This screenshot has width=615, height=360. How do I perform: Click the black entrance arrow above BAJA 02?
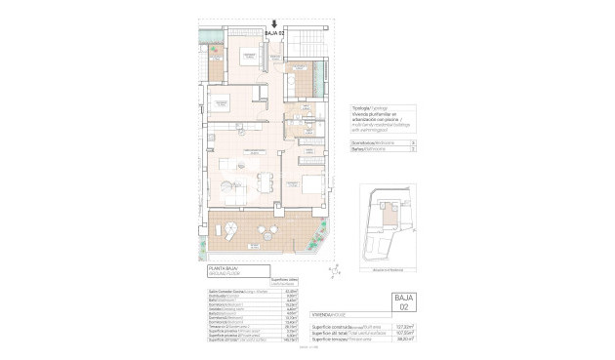(274, 23)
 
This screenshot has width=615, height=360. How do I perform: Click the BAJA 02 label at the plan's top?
(274, 33)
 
